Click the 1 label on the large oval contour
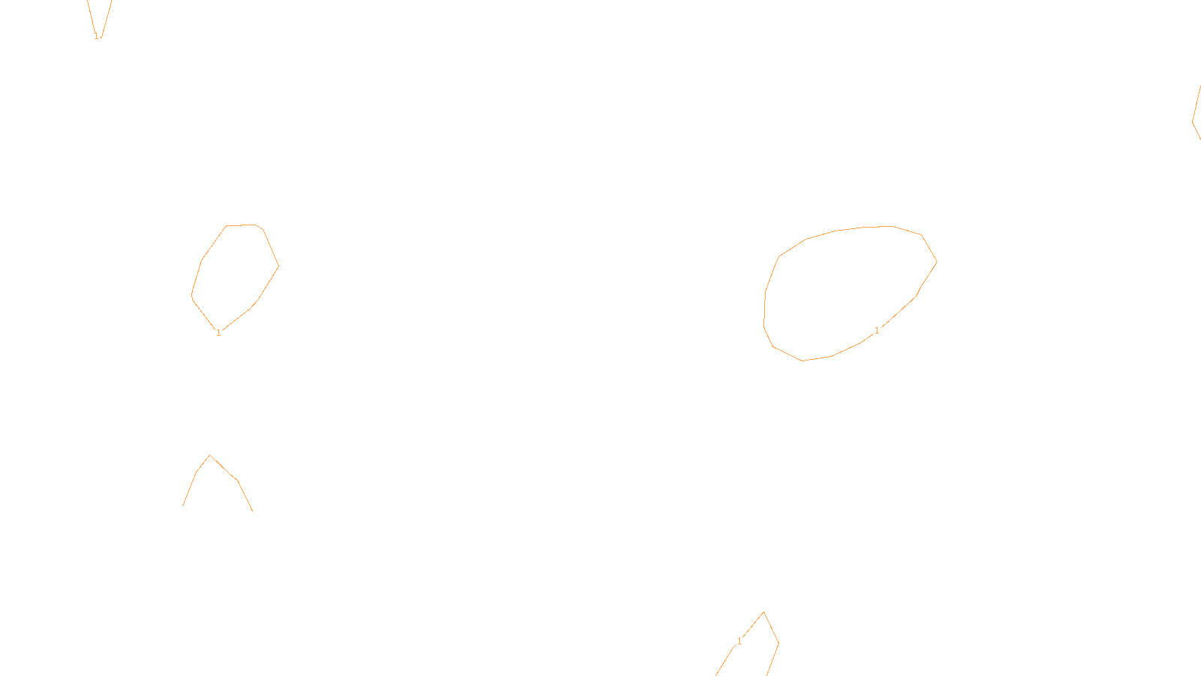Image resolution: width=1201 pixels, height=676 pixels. pyautogui.click(x=877, y=330)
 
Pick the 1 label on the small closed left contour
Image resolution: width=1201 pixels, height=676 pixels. pyautogui.click(x=218, y=333)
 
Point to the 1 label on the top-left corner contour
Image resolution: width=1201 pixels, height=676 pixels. pyautogui.click(x=96, y=35)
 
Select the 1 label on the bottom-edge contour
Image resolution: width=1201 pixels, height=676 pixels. pyautogui.click(x=739, y=641)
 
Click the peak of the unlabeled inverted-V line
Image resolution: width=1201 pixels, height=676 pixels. pyautogui.click(x=210, y=455)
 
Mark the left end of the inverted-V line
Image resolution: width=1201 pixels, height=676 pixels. pyautogui.click(x=183, y=505)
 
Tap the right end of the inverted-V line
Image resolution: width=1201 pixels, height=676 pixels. pyautogui.click(x=252, y=511)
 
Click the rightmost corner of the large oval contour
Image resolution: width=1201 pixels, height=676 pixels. pyautogui.click(x=936, y=261)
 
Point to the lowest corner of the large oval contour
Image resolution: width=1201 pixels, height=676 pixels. pyautogui.click(x=803, y=361)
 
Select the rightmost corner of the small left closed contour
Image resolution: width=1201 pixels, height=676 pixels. pyautogui.click(x=278, y=265)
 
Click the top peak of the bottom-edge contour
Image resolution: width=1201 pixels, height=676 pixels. pyautogui.click(x=764, y=612)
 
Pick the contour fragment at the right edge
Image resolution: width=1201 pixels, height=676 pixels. pyautogui.click(x=1195, y=116)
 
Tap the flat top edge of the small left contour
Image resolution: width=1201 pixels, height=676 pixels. pyautogui.click(x=241, y=225)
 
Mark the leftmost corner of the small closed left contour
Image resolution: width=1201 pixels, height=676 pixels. pyautogui.click(x=192, y=296)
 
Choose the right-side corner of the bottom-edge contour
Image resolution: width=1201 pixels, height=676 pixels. pyautogui.click(x=778, y=643)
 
